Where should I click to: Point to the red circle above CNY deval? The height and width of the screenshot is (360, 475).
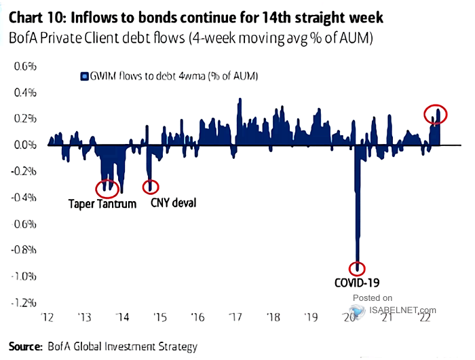click(151, 186)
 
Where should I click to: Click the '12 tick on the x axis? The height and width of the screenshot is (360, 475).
click(47, 317)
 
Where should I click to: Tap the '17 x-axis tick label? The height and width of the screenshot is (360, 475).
click(236, 317)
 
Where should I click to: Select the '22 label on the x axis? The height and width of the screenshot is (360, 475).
click(425, 317)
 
